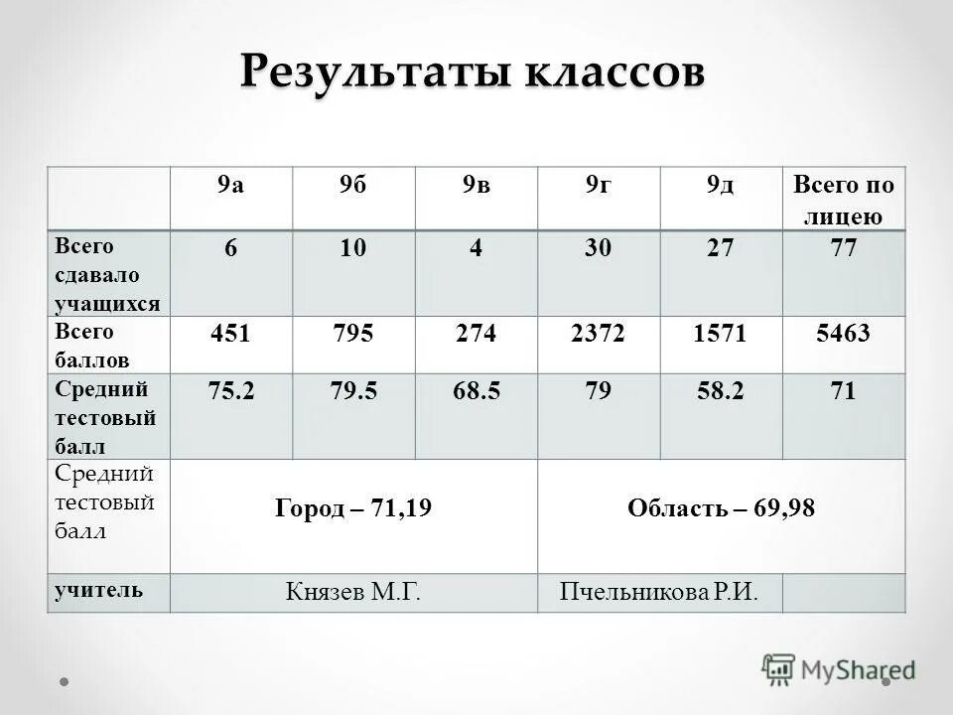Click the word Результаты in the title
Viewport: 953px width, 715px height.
(x=371, y=72)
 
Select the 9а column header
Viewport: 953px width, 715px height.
(x=230, y=186)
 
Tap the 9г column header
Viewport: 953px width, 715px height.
(x=598, y=186)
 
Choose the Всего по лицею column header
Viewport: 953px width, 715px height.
(x=843, y=200)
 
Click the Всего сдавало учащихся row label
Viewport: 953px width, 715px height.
(x=98, y=273)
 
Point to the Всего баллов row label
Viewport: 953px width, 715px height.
(x=86, y=345)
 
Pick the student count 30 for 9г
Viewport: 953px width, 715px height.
(x=599, y=249)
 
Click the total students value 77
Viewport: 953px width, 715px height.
(x=843, y=249)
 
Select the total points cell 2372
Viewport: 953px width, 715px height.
(x=598, y=334)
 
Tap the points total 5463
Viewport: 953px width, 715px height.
(x=843, y=334)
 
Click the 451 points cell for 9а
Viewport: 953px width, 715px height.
(x=230, y=334)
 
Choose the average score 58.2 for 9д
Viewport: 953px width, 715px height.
(x=721, y=391)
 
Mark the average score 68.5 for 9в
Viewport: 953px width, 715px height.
(x=476, y=391)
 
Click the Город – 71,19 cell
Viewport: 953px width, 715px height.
(x=353, y=509)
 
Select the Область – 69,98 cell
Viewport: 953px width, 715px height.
(x=721, y=509)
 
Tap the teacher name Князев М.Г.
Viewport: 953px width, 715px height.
(x=353, y=593)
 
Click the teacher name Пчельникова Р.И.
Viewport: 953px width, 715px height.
(x=659, y=593)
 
